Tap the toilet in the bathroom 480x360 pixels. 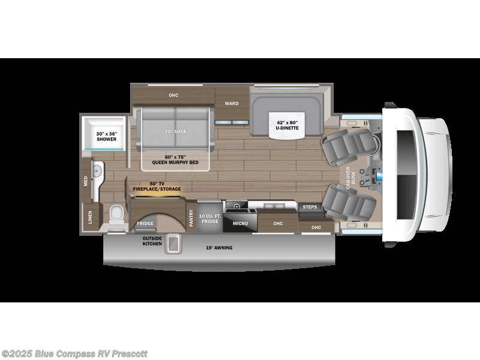116,214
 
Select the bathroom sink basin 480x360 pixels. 98,169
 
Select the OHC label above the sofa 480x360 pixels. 173,95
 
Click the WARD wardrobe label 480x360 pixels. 232,103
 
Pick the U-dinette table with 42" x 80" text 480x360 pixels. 287,125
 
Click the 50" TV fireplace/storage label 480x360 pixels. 157,186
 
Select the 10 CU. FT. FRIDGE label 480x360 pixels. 209,218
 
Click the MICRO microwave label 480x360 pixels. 240,223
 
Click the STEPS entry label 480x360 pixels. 310,207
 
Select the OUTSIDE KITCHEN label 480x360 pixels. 152,241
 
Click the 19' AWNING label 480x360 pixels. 219,248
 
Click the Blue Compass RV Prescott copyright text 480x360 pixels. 74,353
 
